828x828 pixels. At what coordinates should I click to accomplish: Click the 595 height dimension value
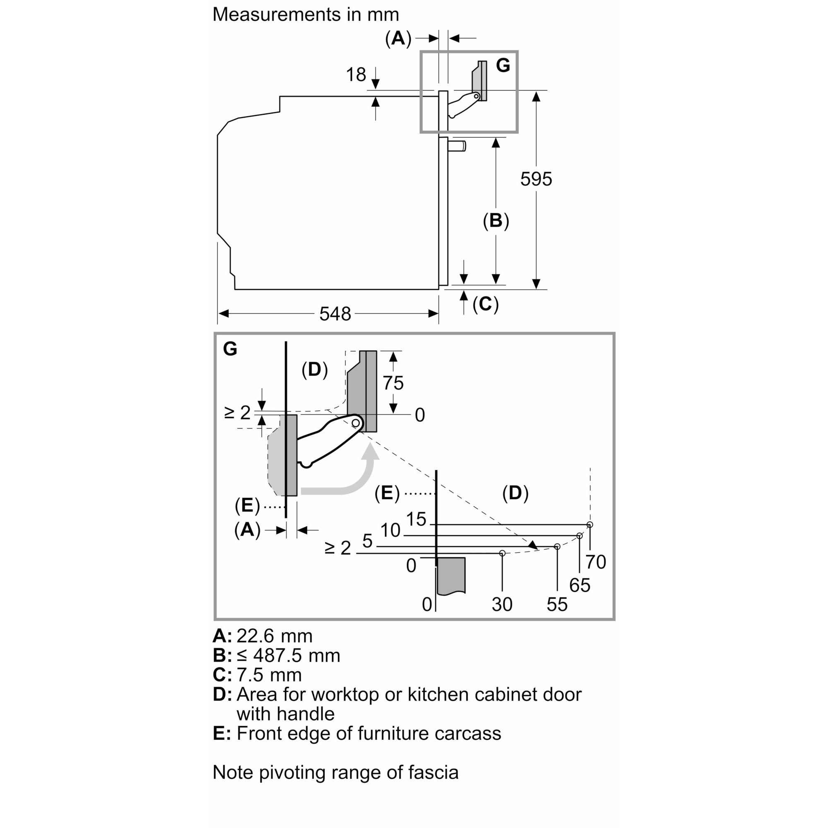coord(536,179)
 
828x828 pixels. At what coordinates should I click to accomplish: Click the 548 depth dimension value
coord(335,314)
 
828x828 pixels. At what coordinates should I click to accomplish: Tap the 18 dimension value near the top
coord(356,75)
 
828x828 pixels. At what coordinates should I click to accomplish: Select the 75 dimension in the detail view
coord(393,383)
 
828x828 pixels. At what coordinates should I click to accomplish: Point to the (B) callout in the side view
coord(496,221)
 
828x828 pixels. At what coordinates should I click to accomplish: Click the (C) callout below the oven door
coord(486,304)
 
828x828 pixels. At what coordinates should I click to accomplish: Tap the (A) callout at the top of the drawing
coord(398,39)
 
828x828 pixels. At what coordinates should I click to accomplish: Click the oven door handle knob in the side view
coord(457,146)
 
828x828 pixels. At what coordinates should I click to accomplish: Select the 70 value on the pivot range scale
coord(596,562)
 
